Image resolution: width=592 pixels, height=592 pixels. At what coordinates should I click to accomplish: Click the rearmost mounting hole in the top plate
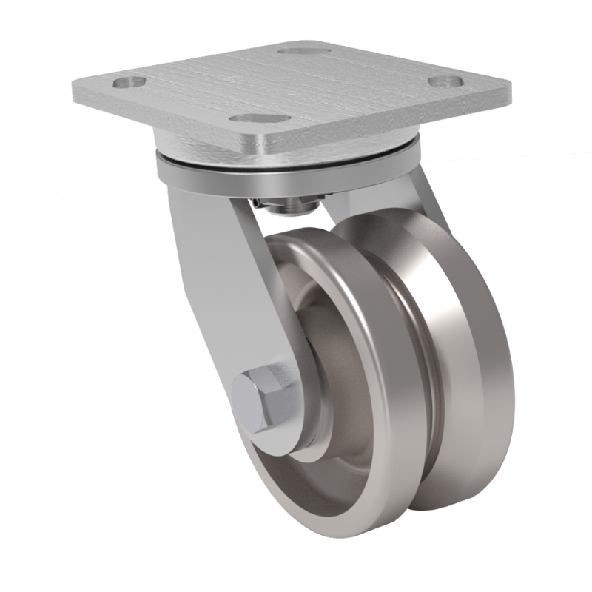pyautogui.click(x=299, y=53)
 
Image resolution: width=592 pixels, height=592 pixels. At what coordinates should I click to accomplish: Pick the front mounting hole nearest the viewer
pyautogui.click(x=247, y=117)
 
